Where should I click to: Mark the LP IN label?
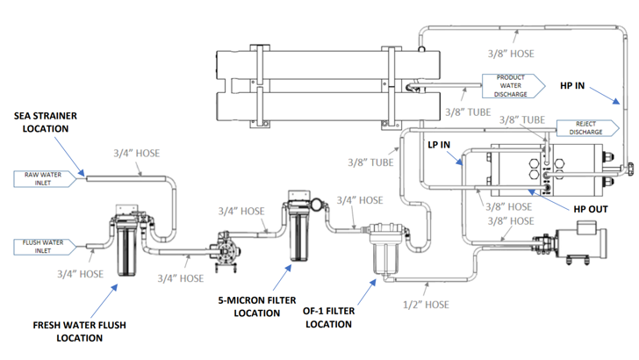(438, 144)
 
